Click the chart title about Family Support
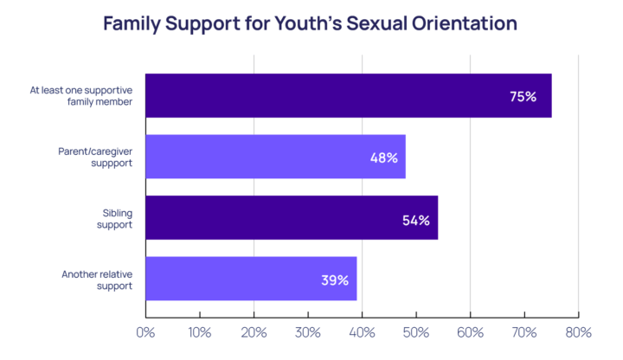[310, 23]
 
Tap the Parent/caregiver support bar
[275, 157]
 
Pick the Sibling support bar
[292, 218]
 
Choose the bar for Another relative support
[251, 279]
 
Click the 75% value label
[523, 97]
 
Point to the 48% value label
[383, 157]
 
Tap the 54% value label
[415, 220]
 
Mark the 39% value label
[334, 280]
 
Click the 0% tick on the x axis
[145, 332]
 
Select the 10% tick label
[199, 332]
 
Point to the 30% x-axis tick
[307, 332]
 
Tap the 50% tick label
[416, 332]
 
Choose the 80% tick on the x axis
[578, 332]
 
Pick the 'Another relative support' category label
[96, 280]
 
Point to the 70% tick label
[524, 332]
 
